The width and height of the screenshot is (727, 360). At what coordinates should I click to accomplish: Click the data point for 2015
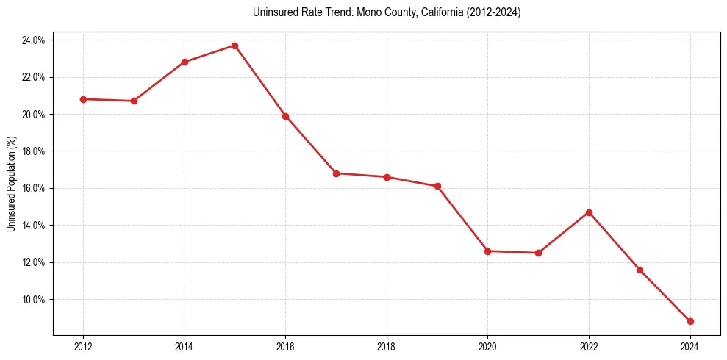coord(234,46)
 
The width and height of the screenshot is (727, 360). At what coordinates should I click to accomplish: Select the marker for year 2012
coord(83,99)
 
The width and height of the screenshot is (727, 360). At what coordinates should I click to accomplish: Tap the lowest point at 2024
coord(690,321)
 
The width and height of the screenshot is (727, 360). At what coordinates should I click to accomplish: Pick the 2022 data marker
coord(589,212)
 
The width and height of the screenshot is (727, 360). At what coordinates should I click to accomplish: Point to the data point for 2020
coord(487,251)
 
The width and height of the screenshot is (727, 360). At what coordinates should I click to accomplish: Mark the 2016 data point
coord(285,116)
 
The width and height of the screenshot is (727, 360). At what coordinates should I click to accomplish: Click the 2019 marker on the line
coord(437,186)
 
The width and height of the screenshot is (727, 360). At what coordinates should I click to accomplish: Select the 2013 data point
coord(134,101)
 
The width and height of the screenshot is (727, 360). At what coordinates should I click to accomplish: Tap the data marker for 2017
coord(336,173)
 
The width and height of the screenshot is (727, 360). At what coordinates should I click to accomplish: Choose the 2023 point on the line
coord(640,270)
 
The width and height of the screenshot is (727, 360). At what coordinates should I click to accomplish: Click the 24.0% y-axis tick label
coord(33,40)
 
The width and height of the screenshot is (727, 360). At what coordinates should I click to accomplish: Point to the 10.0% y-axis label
coord(33,300)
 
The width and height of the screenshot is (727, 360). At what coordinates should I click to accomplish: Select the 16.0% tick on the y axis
coord(33,188)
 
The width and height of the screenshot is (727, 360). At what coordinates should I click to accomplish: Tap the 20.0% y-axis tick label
coord(33,115)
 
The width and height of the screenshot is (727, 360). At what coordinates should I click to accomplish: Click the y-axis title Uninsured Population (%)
coord(11,184)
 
